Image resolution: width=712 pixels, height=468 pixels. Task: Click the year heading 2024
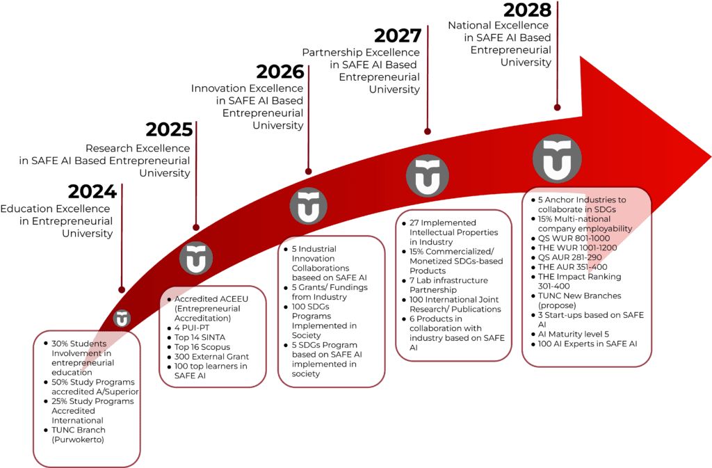(x=92, y=191)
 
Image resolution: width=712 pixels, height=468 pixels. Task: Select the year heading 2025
(x=169, y=130)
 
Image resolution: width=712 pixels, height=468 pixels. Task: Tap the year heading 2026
(x=280, y=72)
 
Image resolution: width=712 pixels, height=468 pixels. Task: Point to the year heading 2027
(x=398, y=36)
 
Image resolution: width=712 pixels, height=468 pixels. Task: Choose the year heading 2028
(x=527, y=10)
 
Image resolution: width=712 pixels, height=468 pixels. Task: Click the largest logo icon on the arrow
(x=557, y=159)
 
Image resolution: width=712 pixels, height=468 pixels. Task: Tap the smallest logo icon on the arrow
(x=122, y=318)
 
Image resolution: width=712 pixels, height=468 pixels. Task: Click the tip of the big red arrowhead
(x=711, y=158)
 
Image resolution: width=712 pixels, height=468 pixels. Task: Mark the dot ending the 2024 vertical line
(x=122, y=289)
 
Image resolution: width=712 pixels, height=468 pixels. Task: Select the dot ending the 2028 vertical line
(x=557, y=108)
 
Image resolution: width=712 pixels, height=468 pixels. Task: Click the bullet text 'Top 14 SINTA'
(x=200, y=337)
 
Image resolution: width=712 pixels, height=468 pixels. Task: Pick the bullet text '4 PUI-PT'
(x=192, y=328)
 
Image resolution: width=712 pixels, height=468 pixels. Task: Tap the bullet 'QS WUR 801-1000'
(x=574, y=239)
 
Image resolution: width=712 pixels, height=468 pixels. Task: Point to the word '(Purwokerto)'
(x=78, y=440)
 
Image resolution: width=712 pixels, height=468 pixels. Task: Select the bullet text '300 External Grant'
(x=211, y=357)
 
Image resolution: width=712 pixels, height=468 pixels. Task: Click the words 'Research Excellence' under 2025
(x=138, y=148)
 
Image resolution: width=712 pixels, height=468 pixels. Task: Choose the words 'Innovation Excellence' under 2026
(x=247, y=88)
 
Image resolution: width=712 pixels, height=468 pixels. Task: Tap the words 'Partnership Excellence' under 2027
(x=361, y=53)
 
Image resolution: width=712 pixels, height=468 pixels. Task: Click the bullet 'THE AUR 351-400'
(x=573, y=267)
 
